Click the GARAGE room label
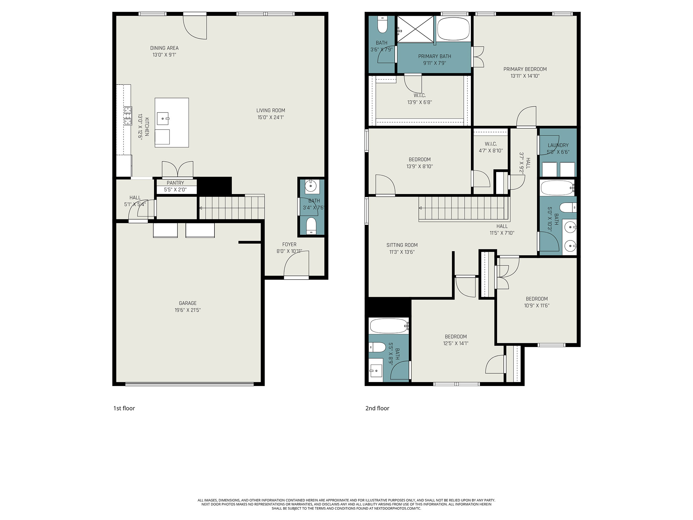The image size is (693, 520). tap(188, 303)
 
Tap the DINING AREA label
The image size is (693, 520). tap(164, 48)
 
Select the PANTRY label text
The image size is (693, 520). tap(175, 183)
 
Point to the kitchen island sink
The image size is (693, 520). tap(163, 118)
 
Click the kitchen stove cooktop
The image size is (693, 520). tap(128, 116)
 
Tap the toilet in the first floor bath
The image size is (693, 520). tap(311, 226)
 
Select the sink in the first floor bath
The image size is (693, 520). tap(311, 186)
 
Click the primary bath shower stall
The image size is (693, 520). tap(415, 29)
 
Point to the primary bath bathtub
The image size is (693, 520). tap(454, 28)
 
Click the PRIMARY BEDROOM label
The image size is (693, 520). tap(525, 69)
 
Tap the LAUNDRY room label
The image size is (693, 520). tap(558, 145)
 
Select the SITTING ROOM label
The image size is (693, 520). tap(402, 245)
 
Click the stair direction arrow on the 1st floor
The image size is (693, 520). tap(201, 208)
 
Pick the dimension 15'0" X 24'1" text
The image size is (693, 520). tap(271, 117)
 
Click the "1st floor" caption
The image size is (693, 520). tap(124, 408)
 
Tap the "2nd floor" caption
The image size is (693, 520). tap(377, 408)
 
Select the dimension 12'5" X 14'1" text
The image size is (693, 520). tap(456, 343)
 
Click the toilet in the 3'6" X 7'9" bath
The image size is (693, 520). tap(382, 24)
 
